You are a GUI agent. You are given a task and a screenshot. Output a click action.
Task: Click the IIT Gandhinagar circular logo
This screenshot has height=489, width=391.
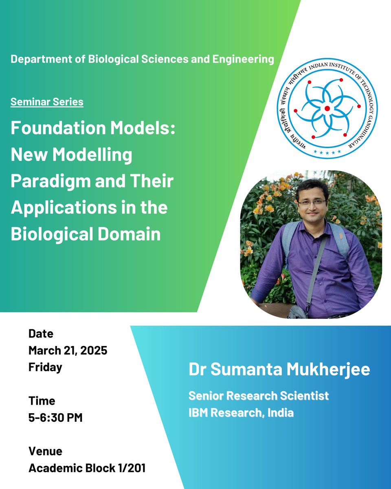pyautogui.click(x=327, y=108)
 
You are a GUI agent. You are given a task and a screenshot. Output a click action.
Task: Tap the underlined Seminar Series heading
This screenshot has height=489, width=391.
pyautogui.click(x=47, y=101)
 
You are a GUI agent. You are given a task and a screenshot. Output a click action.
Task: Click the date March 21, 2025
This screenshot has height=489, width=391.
pyautogui.click(x=68, y=350)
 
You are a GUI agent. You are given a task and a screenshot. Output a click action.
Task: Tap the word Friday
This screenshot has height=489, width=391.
pyautogui.click(x=45, y=367)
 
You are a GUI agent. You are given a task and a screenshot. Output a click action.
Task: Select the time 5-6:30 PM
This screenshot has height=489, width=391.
pyautogui.click(x=55, y=418)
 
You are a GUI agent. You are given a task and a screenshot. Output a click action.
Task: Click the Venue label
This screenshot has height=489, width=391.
pyautogui.click(x=45, y=451)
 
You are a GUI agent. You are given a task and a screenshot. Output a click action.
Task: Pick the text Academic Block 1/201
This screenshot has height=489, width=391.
pyautogui.click(x=87, y=468)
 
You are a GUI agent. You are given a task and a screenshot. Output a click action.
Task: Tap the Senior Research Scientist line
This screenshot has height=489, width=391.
pyautogui.click(x=258, y=395)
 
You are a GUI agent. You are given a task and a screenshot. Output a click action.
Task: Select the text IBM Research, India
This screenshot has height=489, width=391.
pyautogui.click(x=241, y=412)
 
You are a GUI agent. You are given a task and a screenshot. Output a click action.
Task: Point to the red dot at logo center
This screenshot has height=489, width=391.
pyautogui.click(x=327, y=108)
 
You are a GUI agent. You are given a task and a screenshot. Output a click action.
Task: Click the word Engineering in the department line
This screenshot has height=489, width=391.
pyautogui.click(x=243, y=59)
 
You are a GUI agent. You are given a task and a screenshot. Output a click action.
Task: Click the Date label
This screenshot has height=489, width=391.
pyautogui.click(x=41, y=334)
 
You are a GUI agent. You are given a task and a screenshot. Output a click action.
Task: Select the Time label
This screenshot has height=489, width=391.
pyautogui.click(x=42, y=401)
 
